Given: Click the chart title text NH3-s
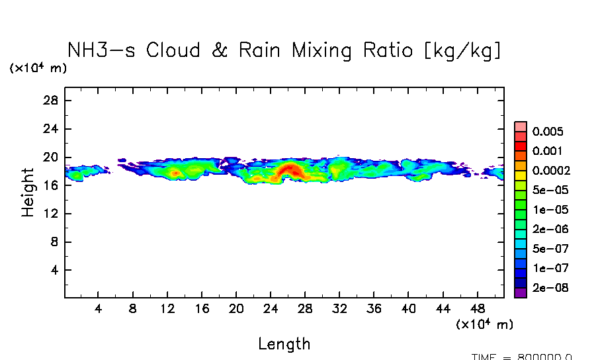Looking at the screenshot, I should (103, 51).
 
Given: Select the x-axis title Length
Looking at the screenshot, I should (284, 344).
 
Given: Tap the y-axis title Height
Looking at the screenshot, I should (28, 192).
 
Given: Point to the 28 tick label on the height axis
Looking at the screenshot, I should (52, 101).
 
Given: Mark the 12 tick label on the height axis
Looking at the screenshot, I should (52, 214).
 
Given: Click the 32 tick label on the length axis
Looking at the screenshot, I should (339, 309).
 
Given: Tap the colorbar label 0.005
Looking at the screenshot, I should (547, 131).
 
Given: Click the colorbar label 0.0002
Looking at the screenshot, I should (551, 170).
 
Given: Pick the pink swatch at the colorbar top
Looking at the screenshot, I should (520, 126).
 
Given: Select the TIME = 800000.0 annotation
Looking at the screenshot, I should (522, 357).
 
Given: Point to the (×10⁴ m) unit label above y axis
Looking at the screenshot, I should (38, 68).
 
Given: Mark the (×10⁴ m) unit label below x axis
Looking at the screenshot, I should (484, 324).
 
